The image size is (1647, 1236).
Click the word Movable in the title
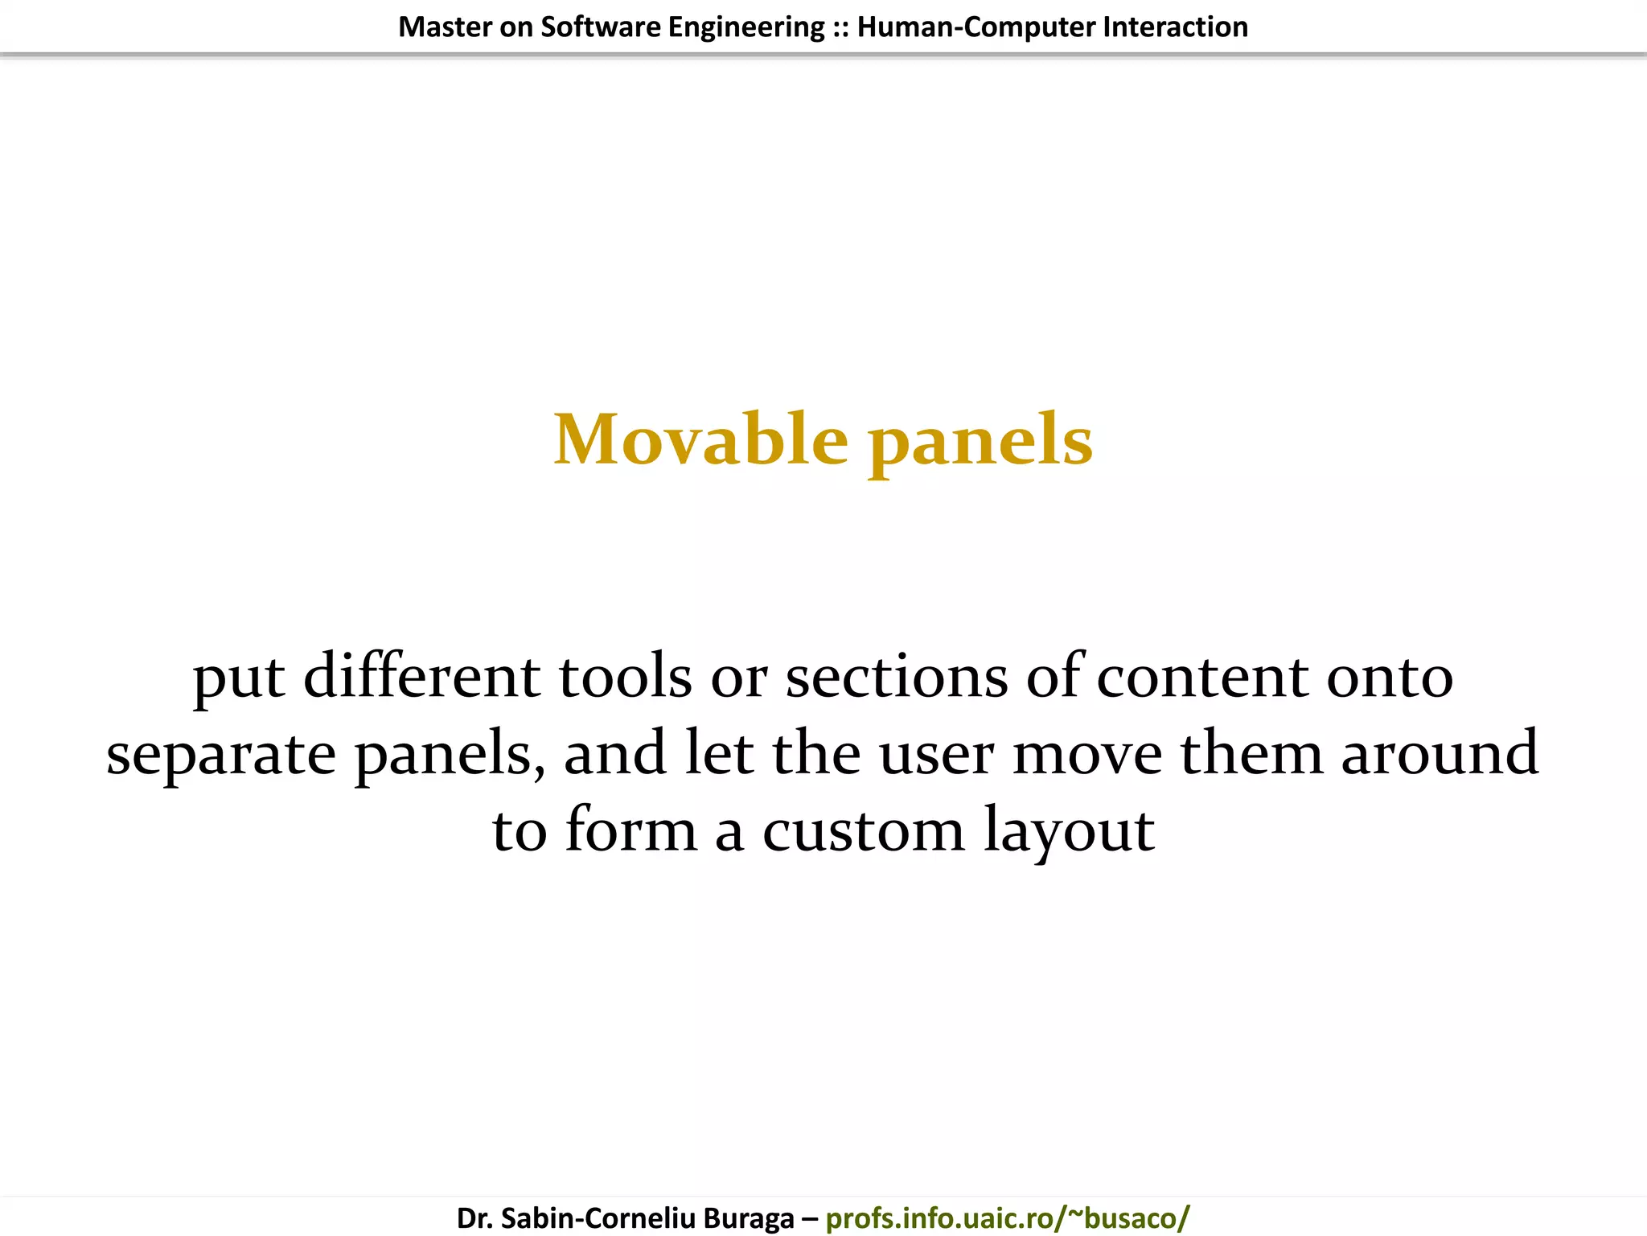700,439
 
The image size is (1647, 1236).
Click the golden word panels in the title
980,441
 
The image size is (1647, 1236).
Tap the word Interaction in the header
1175,27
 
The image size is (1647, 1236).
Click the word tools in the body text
625,676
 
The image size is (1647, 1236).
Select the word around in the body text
1439,755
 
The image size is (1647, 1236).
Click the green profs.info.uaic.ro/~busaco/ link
1007,1218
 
